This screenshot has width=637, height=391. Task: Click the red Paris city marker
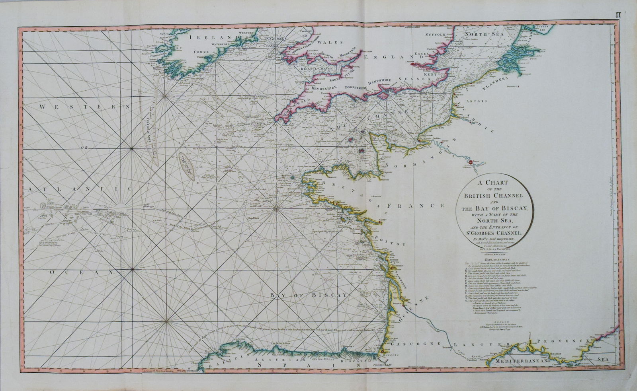point(471,162)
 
